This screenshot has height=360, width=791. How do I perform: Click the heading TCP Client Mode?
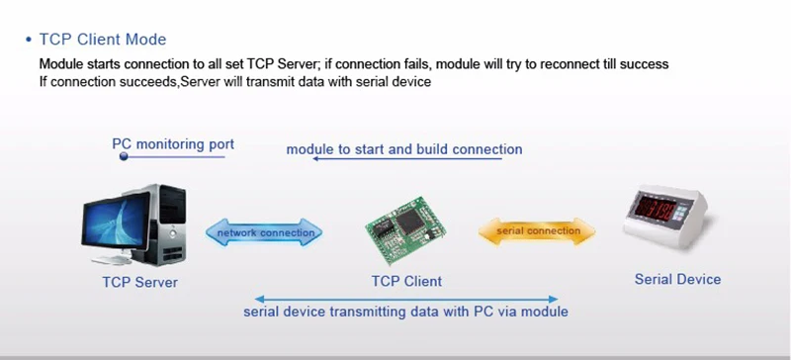pos(103,40)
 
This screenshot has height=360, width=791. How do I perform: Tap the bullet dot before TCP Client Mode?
pos(29,40)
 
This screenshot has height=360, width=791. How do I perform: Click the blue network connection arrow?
pos(264,232)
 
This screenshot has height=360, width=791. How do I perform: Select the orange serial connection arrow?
pos(537,231)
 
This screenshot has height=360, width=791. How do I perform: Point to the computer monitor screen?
pos(116,222)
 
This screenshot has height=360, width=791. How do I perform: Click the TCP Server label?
pos(139,282)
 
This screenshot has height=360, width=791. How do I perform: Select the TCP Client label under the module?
pos(406,281)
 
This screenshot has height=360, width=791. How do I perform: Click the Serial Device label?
pos(677,279)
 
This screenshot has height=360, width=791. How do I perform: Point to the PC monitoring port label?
pos(173,144)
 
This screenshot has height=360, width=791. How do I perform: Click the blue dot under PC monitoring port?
pos(124,156)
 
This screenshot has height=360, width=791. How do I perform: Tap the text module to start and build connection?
pos(404,149)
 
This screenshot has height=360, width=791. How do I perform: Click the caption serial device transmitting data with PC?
pos(405,312)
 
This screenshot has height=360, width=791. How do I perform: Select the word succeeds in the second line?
pos(151,82)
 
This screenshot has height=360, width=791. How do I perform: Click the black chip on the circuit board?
pos(409,222)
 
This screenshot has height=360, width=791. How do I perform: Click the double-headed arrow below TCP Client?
pos(406,299)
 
